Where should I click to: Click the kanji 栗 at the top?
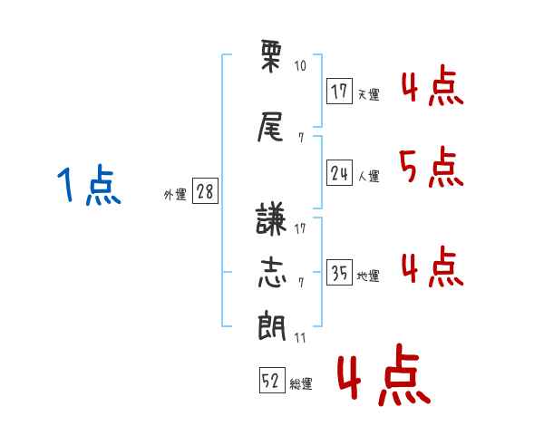[x=271, y=56]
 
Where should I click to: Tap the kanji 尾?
[x=270, y=127]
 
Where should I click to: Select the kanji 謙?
[x=270, y=218]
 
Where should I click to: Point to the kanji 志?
[x=272, y=272]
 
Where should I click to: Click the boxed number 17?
[x=339, y=91]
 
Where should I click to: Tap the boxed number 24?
[x=339, y=172]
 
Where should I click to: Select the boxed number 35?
[x=339, y=272]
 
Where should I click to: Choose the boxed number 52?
[x=272, y=380]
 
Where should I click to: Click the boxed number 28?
[x=205, y=190]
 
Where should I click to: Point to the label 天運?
[x=368, y=94]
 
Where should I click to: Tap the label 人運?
[x=368, y=176]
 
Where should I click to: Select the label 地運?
[x=368, y=276]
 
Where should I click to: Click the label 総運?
[x=301, y=383]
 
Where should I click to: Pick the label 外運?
[x=175, y=194]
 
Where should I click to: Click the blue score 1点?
[x=89, y=185]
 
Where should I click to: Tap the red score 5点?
[x=432, y=167]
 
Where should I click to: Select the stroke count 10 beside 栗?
[x=300, y=65]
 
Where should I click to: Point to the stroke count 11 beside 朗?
[x=300, y=337]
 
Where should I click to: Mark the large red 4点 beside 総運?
[x=384, y=374]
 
